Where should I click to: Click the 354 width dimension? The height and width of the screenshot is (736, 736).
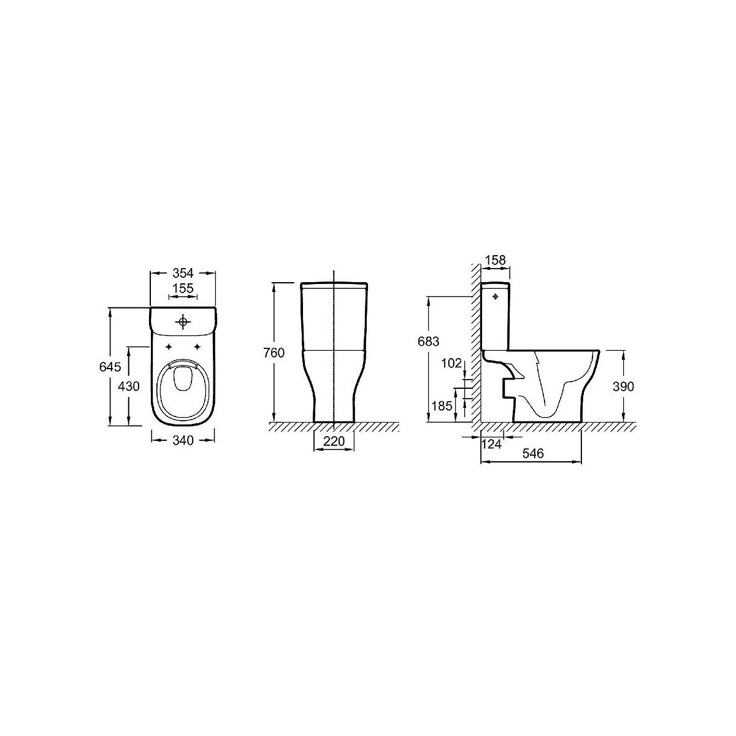coord(183,273)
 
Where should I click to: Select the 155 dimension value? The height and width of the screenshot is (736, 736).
coord(183,288)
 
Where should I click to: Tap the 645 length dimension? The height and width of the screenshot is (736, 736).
coord(110,367)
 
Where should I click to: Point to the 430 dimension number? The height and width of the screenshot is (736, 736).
coord(129,386)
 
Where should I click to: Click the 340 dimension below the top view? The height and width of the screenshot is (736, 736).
coord(183,440)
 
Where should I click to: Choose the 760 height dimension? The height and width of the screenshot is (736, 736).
coord(274,353)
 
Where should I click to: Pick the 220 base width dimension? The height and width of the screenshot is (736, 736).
coord(334,441)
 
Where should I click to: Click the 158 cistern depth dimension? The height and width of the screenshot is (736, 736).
coord(495,260)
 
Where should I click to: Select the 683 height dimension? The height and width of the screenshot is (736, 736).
coord(428,341)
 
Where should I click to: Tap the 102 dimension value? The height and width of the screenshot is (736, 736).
coord(451,363)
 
